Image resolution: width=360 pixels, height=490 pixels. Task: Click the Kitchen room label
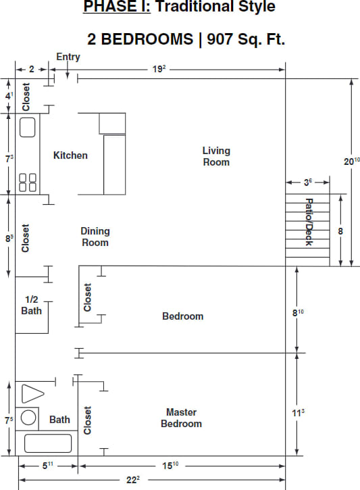click(70, 155)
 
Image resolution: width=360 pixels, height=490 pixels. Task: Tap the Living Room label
click(216, 156)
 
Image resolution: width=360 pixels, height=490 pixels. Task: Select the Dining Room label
click(95, 237)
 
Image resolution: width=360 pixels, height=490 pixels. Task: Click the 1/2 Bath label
click(31, 305)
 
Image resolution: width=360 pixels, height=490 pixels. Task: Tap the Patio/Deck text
click(309, 222)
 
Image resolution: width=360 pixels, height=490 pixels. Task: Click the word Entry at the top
click(68, 57)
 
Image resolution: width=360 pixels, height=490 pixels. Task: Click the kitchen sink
click(28, 128)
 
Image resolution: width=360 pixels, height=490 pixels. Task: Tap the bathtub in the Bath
click(48, 443)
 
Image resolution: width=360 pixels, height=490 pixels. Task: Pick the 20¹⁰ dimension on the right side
click(351, 162)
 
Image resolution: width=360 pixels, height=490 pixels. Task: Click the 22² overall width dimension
click(132, 480)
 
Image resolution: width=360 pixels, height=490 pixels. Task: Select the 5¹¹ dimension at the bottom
click(49, 465)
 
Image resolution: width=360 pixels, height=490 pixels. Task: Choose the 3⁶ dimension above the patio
click(307, 182)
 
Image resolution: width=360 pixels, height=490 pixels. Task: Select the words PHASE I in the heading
click(111, 8)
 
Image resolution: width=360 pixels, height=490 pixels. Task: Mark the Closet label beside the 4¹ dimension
click(26, 96)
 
